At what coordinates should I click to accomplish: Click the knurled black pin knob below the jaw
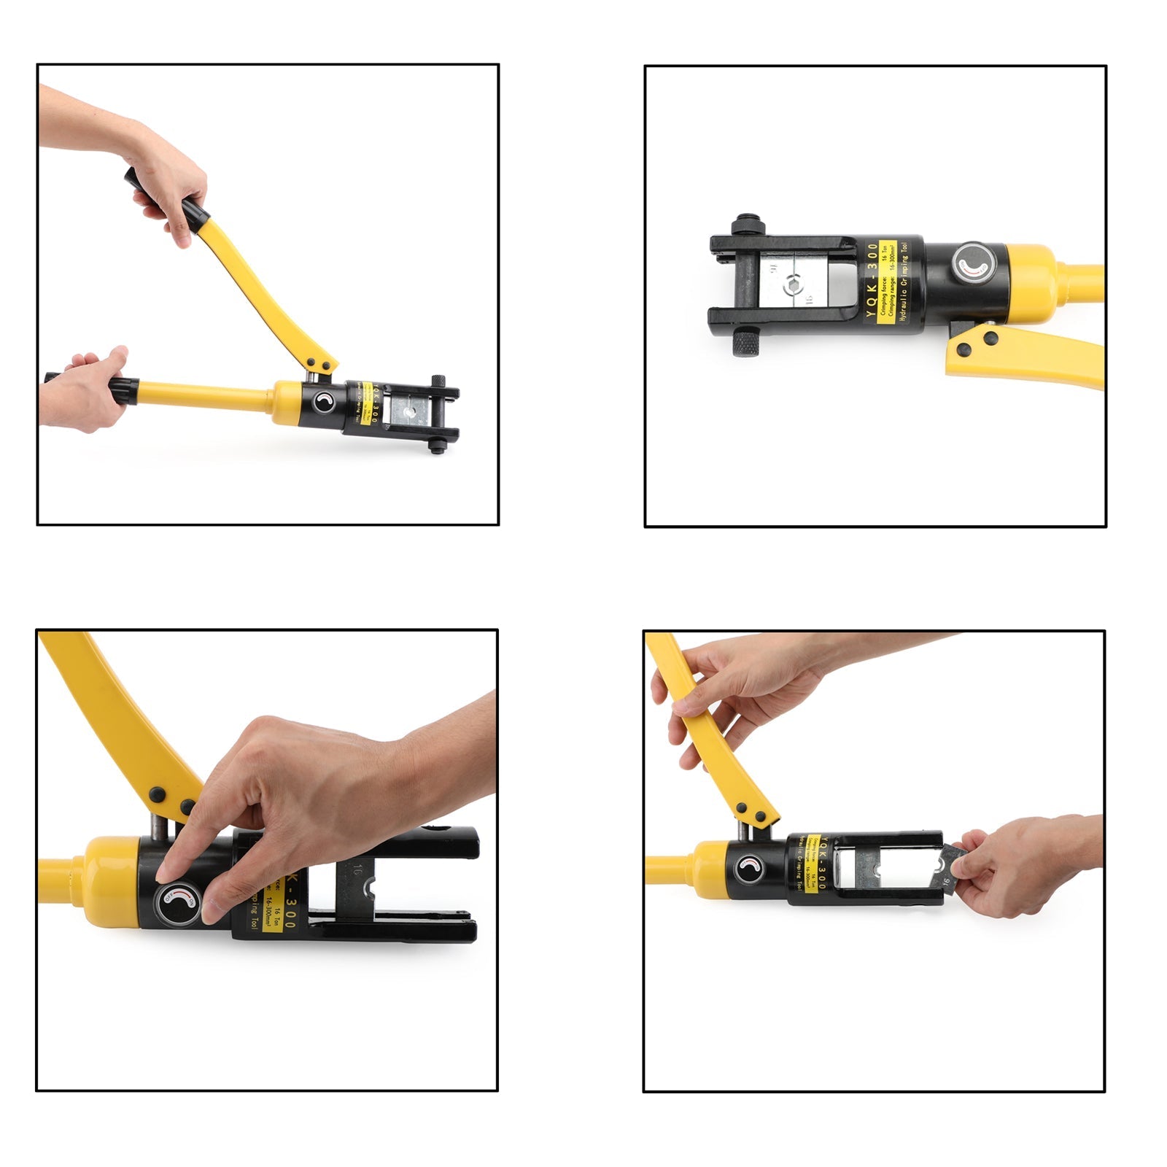[x=746, y=341]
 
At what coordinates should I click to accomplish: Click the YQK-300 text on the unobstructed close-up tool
[x=872, y=282]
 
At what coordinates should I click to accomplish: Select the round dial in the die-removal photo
[x=748, y=868]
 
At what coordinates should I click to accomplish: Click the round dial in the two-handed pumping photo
[x=324, y=402]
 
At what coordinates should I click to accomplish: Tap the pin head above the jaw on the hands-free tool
[x=746, y=223]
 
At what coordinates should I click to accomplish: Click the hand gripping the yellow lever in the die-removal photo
[x=737, y=693]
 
